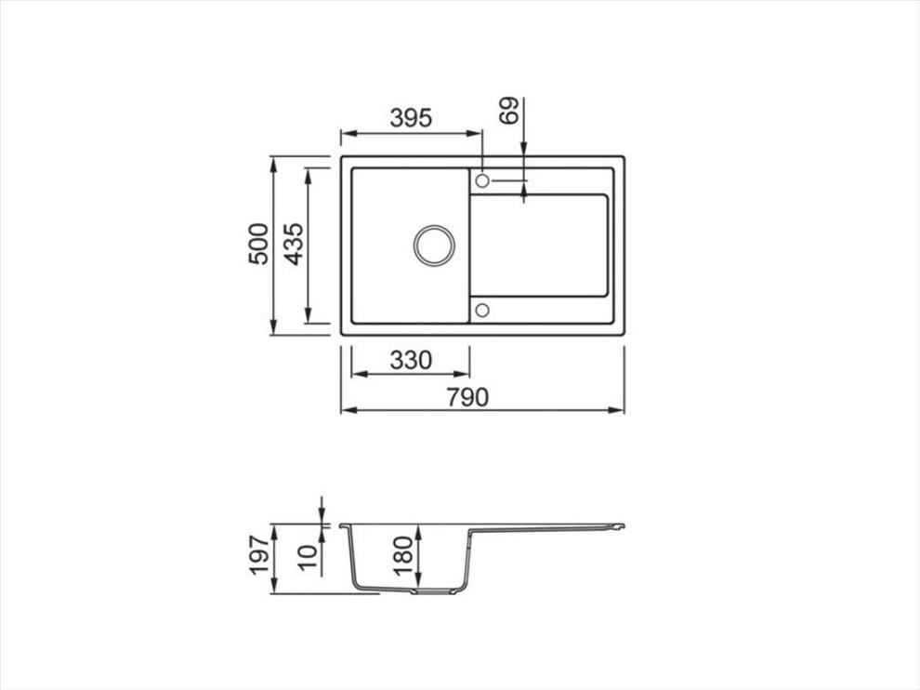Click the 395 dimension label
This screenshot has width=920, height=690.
(x=411, y=118)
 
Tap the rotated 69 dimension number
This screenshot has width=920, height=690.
(x=508, y=110)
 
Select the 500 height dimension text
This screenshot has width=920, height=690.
(x=258, y=244)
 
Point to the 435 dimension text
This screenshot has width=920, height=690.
(x=293, y=244)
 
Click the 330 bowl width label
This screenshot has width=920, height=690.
(x=411, y=360)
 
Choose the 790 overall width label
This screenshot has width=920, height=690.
(x=467, y=398)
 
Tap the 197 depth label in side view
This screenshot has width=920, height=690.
(x=260, y=554)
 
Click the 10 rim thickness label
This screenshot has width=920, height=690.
(x=307, y=557)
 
